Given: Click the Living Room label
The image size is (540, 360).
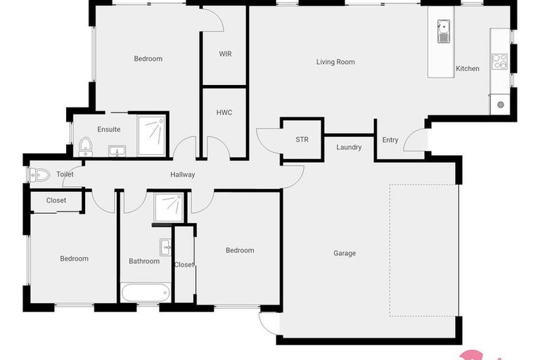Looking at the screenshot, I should coord(335,62).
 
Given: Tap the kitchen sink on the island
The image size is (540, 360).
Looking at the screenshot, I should coord(444,32).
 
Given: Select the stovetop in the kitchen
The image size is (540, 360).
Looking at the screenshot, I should coord(500,61).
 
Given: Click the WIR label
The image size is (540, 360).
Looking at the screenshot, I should coord(225,54).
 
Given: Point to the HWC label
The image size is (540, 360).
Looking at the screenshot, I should coord(224,112).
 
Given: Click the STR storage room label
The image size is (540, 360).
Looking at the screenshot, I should coord(302,140).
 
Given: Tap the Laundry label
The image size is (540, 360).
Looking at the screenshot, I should coord(349,148).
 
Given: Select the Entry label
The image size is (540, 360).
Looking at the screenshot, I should coord(390,140).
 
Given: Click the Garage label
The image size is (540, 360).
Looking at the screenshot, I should coord(345,253).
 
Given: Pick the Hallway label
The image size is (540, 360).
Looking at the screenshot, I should coord(183,174).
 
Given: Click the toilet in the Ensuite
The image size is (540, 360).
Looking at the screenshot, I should coord(85,146).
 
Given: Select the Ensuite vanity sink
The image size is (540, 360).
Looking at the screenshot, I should coord(117,150).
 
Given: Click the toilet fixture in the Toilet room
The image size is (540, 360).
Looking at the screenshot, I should coord(40,174).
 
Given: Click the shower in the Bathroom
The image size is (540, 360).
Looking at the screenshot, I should coord(169,207).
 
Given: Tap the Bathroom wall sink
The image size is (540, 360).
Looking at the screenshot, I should coord(165,246).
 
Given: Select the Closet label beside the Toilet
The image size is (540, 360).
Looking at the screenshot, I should coord(56,200).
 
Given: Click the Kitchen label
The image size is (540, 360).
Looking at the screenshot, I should coord(468,69).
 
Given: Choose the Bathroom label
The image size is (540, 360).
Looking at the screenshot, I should coord(144,262).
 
